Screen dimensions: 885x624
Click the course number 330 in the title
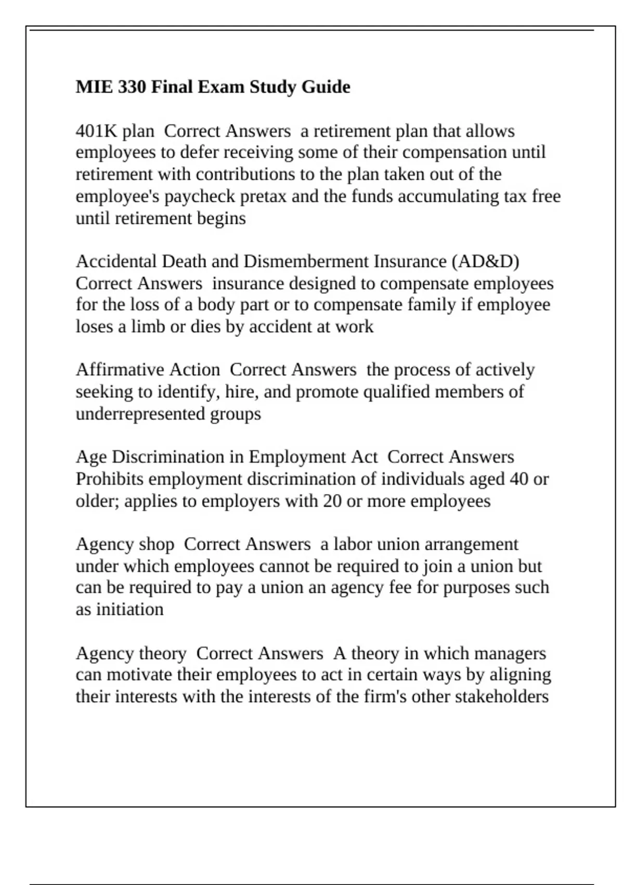[132, 86]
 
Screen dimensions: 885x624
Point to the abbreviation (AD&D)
[486, 261]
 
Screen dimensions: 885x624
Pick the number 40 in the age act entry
[519, 479]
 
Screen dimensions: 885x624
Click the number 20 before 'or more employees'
[332, 501]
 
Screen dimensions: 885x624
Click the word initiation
[129, 609]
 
